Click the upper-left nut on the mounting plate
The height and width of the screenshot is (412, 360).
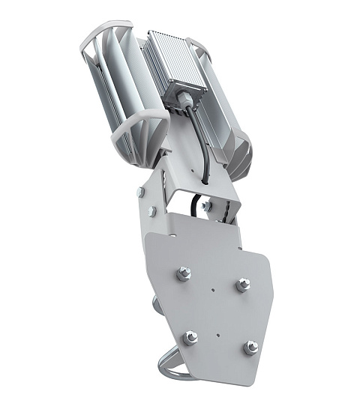[184, 274]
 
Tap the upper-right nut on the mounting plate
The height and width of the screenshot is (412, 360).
[241, 285]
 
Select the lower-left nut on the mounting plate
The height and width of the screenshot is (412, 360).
[191, 337]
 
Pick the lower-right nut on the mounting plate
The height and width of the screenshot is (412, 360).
[251, 347]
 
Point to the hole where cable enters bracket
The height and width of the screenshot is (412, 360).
[203, 181]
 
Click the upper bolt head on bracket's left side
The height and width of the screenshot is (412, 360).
[140, 193]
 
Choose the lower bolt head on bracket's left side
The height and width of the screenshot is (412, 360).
[151, 212]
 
